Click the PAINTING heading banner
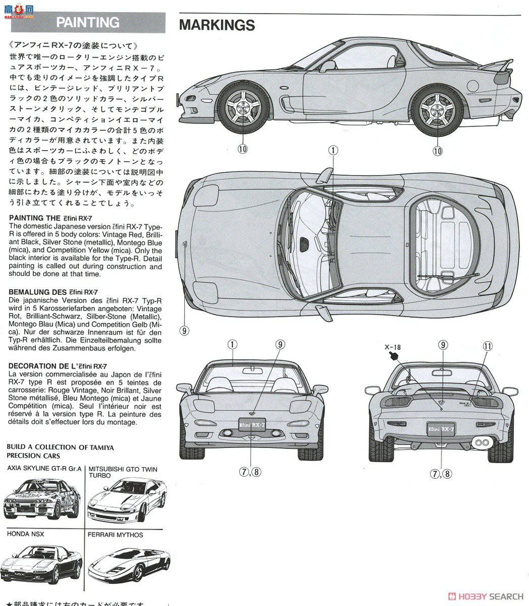(x=88, y=23)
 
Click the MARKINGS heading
(x=217, y=25)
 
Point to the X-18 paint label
(x=392, y=347)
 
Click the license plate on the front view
(x=252, y=425)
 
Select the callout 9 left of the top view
(x=184, y=331)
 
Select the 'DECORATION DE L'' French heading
(x=58, y=366)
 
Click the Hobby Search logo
(x=486, y=596)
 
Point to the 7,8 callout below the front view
(x=250, y=472)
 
